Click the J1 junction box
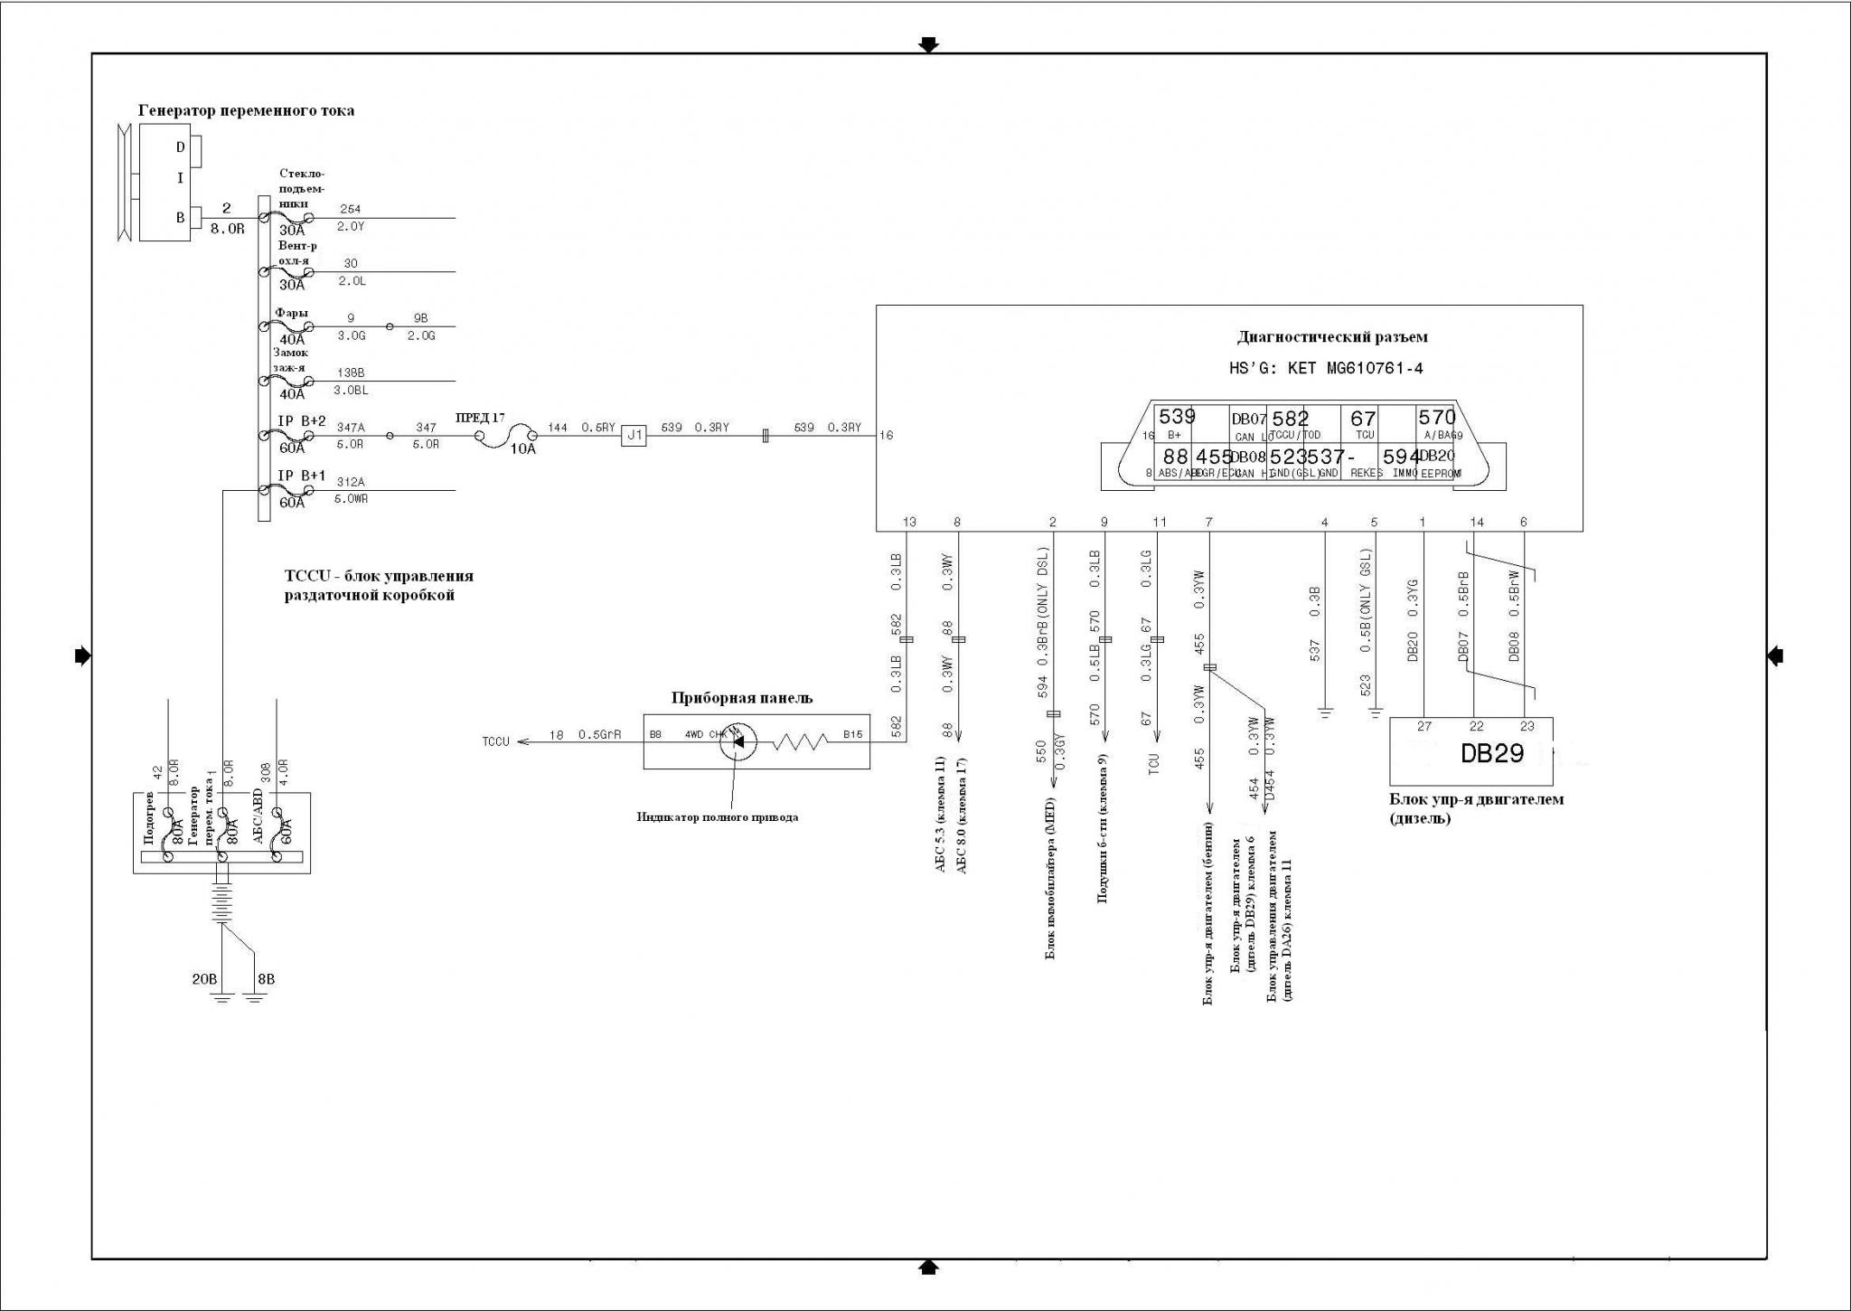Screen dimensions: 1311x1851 pyautogui.click(x=634, y=436)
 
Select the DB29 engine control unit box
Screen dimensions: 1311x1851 pyautogui.click(x=1470, y=752)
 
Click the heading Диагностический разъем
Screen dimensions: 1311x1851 pyautogui.click(x=1331, y=337)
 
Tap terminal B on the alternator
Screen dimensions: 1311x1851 pyautogui.click(x=181, y=218)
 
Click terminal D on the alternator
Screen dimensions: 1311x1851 pyautogui.click(x=181, y=147)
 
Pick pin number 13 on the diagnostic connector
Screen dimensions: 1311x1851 pyautogui.click(x=909, y=522)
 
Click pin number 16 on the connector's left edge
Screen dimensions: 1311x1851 pyautogui.click(x=886, y=436)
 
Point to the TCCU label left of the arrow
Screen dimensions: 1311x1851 pyautogui.click(x=495, y=742)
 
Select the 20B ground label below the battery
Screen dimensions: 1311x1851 pyautogui.click(x=204, y=979)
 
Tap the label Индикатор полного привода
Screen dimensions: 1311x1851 pyautogui.click(x=717, y=817)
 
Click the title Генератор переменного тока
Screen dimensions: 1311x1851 pyautogui.click(x=246, y=110)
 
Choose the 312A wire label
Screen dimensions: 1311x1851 pyautogui.click(x=351, y=482)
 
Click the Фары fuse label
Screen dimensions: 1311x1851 pyautogui.click(x=291, y=313)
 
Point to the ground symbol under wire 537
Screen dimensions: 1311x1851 pyautogui.click(x=1325, y=712)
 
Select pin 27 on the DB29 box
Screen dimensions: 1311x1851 pyautogui.click(x=1424, y=726)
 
